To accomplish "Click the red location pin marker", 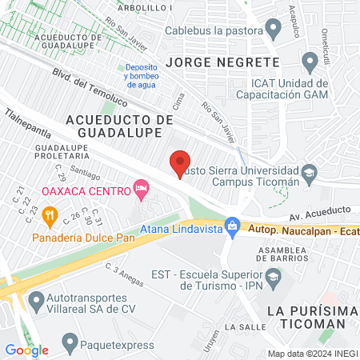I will coord(181,162).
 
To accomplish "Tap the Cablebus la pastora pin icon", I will coord(274,30).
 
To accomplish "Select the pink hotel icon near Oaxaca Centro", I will coord(142,190).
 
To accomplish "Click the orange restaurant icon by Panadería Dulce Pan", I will coord(49,214).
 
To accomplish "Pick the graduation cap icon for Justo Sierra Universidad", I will coord(309,173).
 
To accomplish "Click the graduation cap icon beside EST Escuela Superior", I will coord(274,278).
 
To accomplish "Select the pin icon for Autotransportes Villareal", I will coord(35,302).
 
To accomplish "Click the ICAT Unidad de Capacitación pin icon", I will coord(310,60).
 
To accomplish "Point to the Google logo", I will coord(26,350).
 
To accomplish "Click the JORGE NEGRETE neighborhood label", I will coord(222,62).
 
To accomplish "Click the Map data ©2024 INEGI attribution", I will coord(312,354).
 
